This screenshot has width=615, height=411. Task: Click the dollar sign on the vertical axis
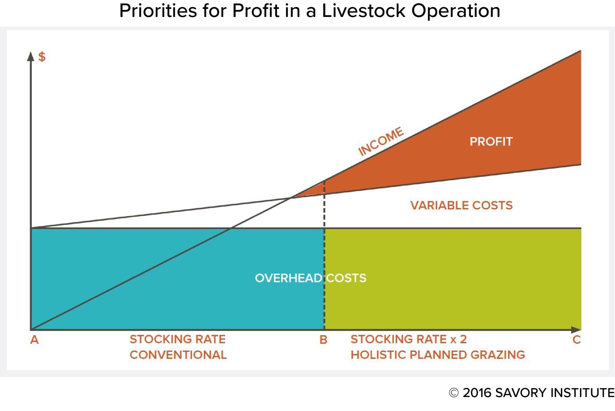click(42, 57)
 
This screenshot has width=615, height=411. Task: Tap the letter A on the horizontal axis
click(35, 340)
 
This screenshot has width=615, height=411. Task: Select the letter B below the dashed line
click(324, 340)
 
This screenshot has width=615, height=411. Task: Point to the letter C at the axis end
click(577, 340)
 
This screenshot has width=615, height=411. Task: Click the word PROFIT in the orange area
click(491, 141)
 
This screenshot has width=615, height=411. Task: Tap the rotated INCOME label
click(381, 141)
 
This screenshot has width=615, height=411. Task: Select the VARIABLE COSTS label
click(462, 205)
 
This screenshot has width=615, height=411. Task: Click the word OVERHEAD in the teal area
click(288, 278)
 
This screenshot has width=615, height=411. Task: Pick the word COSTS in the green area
click(346, 278)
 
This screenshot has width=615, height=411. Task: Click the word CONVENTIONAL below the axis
click(178, 355)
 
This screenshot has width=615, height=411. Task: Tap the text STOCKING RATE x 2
click(408, 339)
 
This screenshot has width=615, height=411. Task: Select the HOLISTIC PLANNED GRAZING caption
click(438, 355)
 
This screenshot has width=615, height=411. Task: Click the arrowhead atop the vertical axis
click(31, 56)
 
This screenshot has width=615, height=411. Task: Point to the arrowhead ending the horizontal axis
click(576, 329)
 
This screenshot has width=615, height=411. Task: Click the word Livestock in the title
click(364, 11)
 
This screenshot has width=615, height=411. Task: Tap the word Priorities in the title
click(158, 11)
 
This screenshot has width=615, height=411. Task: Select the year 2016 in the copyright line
click(477, 393)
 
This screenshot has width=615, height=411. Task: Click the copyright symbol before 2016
click(454, 393)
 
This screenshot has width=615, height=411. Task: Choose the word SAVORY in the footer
click(521, 393)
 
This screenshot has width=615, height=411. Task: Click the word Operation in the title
click(456, 11)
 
